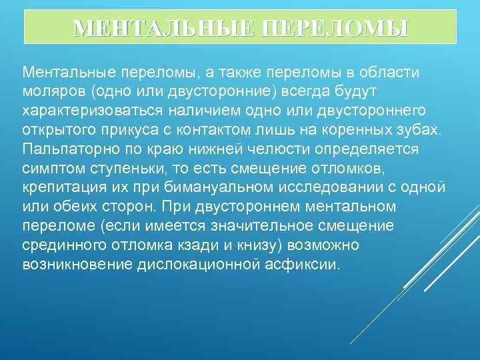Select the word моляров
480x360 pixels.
click(54, 89)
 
